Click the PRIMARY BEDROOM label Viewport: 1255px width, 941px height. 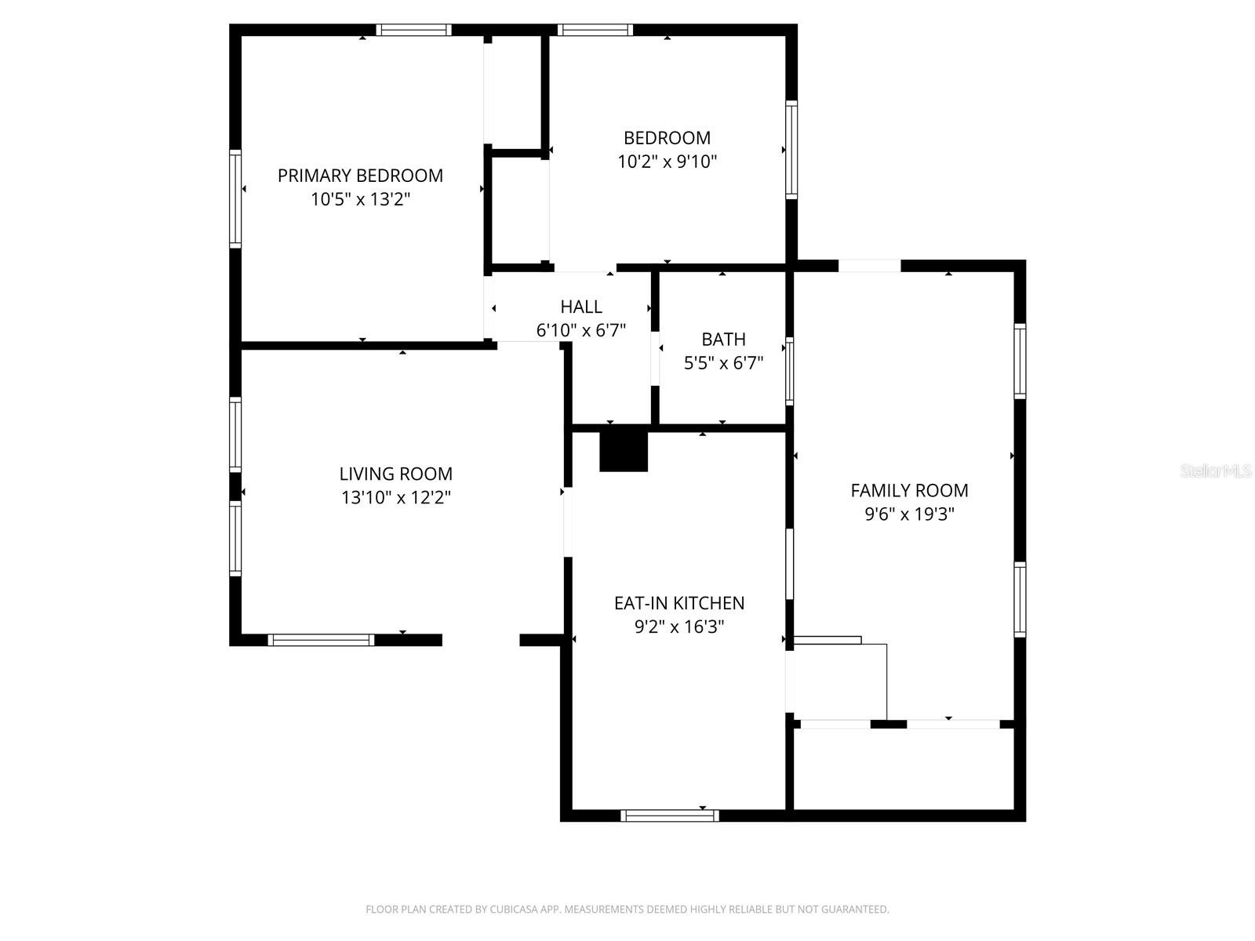point(360,176)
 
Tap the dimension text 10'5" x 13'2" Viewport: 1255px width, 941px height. point(360,199)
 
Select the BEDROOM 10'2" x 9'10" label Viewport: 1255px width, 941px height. point(667,150)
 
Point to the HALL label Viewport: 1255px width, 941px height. point(581,307)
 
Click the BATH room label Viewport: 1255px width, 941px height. point(723,340)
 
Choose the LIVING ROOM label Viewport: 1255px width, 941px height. point(395,474)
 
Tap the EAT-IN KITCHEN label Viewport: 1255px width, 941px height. point(678,603)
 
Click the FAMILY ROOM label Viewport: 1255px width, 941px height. point(909,491)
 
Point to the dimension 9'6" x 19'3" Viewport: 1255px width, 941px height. point(909,514)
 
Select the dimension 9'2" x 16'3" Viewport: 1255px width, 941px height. point(678,627)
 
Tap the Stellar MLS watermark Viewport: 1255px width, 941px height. point(1216,471)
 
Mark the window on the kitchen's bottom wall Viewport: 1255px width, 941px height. point(669,816)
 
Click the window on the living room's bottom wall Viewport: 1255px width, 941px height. point(321,640)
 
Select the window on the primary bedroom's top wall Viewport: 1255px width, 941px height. point(413,31)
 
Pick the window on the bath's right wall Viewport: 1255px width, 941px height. point(790,371)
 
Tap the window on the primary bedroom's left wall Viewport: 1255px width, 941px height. point(235,198)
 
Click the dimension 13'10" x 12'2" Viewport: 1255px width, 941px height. point(395,497)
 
